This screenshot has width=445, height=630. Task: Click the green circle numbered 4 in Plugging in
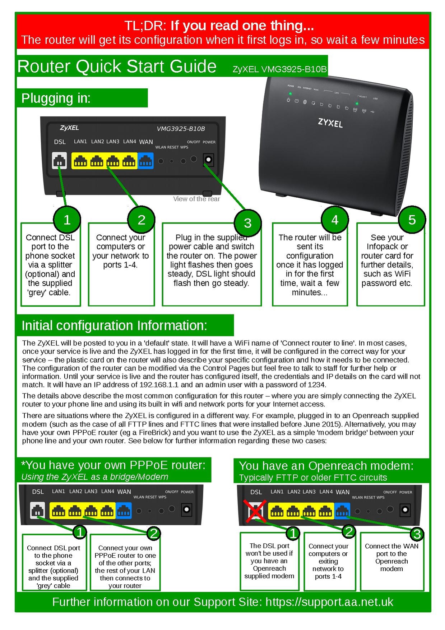tap(335, 220)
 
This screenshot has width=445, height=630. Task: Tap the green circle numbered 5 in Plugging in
tap(412, 220)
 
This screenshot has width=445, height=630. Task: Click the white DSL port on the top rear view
tap(60, 161)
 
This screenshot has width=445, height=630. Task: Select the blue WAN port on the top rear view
tap(145, 161)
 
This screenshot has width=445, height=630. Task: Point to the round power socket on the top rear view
tap(208, 160)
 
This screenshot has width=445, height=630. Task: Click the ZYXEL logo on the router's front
tap(330, 123)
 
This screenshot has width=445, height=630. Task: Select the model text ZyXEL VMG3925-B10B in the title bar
tap(279, 69)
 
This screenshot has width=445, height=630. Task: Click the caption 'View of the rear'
tap(196, 199)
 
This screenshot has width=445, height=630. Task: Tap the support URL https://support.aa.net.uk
tap(329, 602)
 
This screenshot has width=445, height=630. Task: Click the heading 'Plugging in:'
tap(56, 98)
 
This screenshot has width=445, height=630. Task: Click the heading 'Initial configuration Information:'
tap(114, 326)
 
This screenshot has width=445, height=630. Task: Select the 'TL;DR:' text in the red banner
tap(145, 26)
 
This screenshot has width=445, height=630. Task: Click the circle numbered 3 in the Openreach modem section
tap(417, 534)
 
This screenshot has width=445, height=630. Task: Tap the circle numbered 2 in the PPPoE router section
tap(154, 533)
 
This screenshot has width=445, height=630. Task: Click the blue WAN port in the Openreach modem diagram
tap(342, 510)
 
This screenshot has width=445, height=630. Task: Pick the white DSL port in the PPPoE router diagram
tap(38, 510)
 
